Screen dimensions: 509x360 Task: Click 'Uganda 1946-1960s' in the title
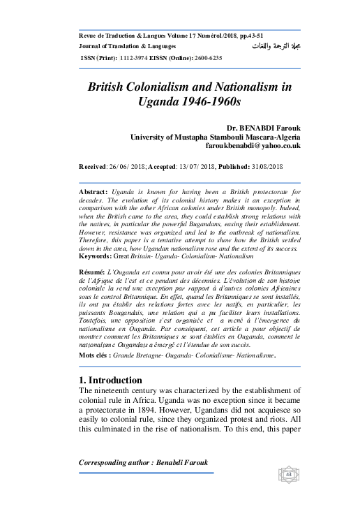(189, 101)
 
